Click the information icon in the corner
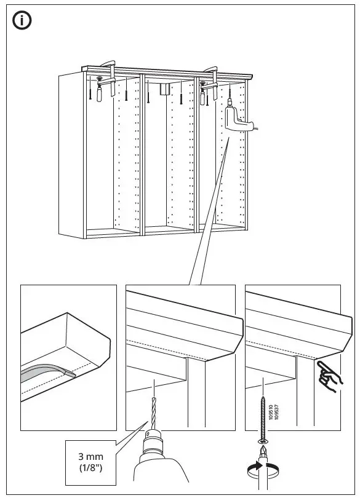[x=22, y=20]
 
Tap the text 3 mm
[x=90, y=457]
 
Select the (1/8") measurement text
[x=90, y=468]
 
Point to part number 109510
[x=271, y=413]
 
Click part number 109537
[x=276, y=413]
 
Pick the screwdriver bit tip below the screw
[x=263, y=451]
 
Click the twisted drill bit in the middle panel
[x=154, y=413]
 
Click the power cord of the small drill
[x=255, y=128]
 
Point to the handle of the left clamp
[x=99, y=94]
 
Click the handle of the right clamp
[x=202, y=98]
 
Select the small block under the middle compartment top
[x=164, y=89]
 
